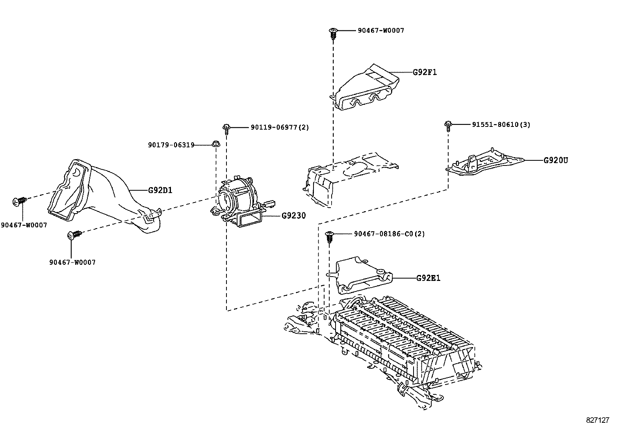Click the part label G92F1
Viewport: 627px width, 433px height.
pos(425,72)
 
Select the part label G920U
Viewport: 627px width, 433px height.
pos(556,160)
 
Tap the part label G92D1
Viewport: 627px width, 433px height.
pos(160,190)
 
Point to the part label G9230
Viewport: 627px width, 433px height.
pos(293,216)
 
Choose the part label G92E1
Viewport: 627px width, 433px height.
pos(429,278)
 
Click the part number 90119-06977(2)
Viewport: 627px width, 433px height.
pos(280,127)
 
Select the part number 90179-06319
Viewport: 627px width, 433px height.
pos(171,145)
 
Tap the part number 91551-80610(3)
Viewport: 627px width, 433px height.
pos(501,125)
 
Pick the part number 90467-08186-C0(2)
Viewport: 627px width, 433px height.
pos(389,234)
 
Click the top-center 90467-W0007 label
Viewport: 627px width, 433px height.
pos(381,30)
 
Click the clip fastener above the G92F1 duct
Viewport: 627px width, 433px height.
pos(333,33)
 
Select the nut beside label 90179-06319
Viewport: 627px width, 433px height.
pos(215,144)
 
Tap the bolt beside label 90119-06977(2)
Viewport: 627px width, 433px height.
pos(226,128)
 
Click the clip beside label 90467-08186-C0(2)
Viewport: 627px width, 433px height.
pos(329,237)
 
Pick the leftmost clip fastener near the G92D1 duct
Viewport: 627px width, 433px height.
pos(19,202)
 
